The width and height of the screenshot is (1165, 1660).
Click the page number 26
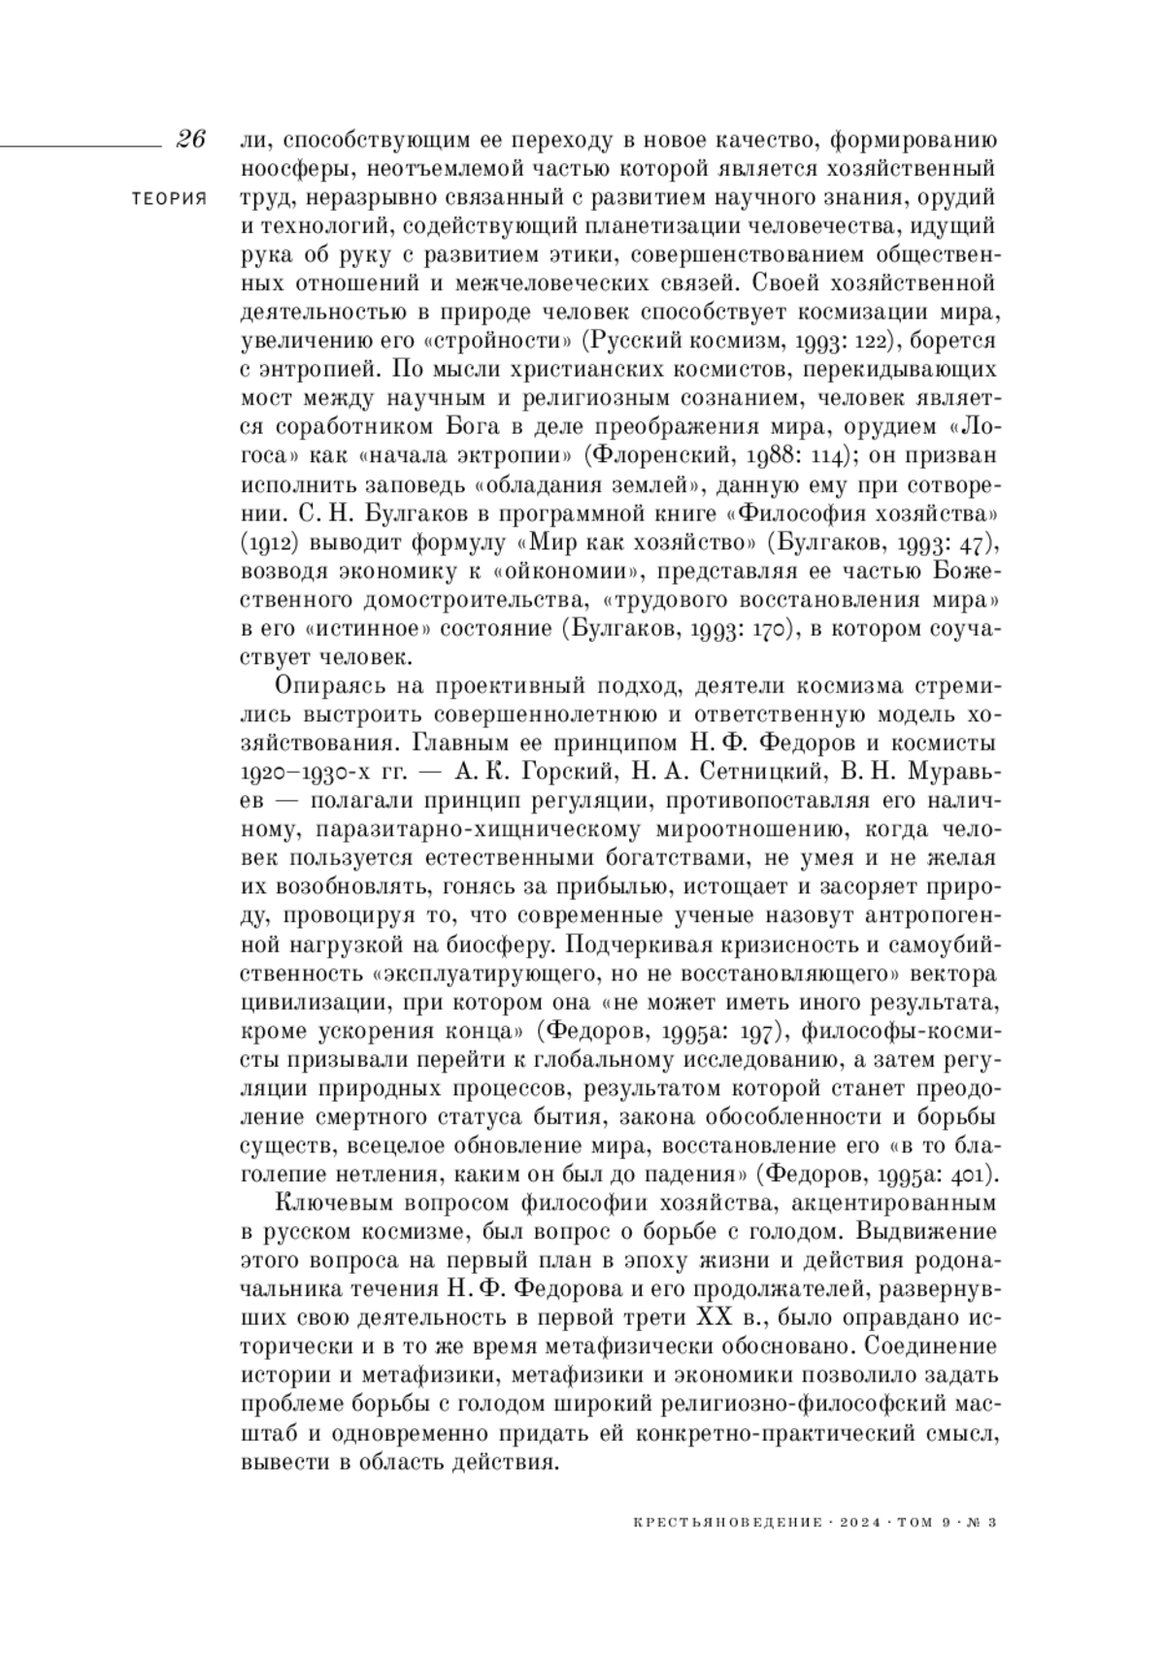pyautogui.click(x=190, y=140)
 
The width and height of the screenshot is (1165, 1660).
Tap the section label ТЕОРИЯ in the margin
pyautogui.click(x=169, y=199)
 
